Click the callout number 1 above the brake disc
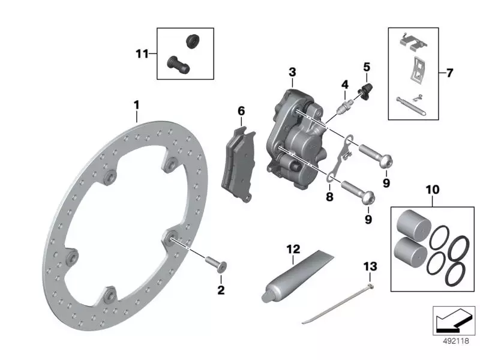point(136,105)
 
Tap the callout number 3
point(292,72)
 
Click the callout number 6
point(241,111)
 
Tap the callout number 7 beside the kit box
point(450,73)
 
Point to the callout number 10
point(432,190)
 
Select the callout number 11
point(142,54)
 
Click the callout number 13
point(371,265)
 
